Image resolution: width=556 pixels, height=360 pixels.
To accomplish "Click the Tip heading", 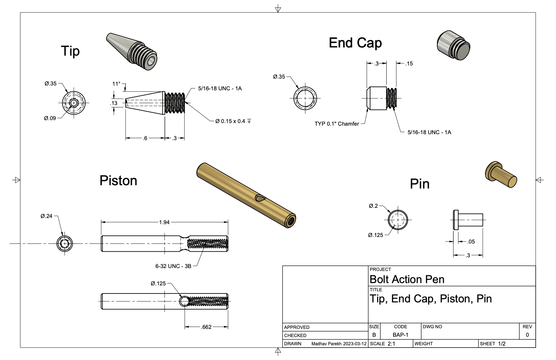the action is (70, 51).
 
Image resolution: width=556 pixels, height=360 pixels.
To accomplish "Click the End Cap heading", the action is (355, 43).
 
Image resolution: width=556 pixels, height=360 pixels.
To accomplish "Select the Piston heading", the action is (118, 180).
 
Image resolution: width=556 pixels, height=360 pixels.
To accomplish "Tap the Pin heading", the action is (420, 184).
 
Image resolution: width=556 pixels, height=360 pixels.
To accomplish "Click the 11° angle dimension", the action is (116, 84).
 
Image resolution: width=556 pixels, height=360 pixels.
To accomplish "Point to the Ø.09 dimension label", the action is (50, 118).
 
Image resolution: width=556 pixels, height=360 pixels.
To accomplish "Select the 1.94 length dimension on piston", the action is (164, 222).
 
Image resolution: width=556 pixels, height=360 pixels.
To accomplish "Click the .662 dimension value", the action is (206, 327).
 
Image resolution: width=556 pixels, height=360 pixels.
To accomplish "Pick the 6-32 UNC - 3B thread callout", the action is (173, 266).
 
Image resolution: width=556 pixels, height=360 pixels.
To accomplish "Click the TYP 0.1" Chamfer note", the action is (337, 124).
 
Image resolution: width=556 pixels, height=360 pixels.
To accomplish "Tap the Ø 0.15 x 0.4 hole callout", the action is (233, 121).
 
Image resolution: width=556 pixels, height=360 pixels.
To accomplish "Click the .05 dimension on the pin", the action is (471, 242).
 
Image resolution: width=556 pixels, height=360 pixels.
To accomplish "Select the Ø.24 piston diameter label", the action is (46, 216).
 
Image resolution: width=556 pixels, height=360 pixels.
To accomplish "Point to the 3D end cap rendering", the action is (454, 45).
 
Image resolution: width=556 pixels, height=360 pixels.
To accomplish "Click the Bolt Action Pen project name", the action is (407, 279).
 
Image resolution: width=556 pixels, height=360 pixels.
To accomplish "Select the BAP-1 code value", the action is (400, 335).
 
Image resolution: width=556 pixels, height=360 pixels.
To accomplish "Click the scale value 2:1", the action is (391, 344).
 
